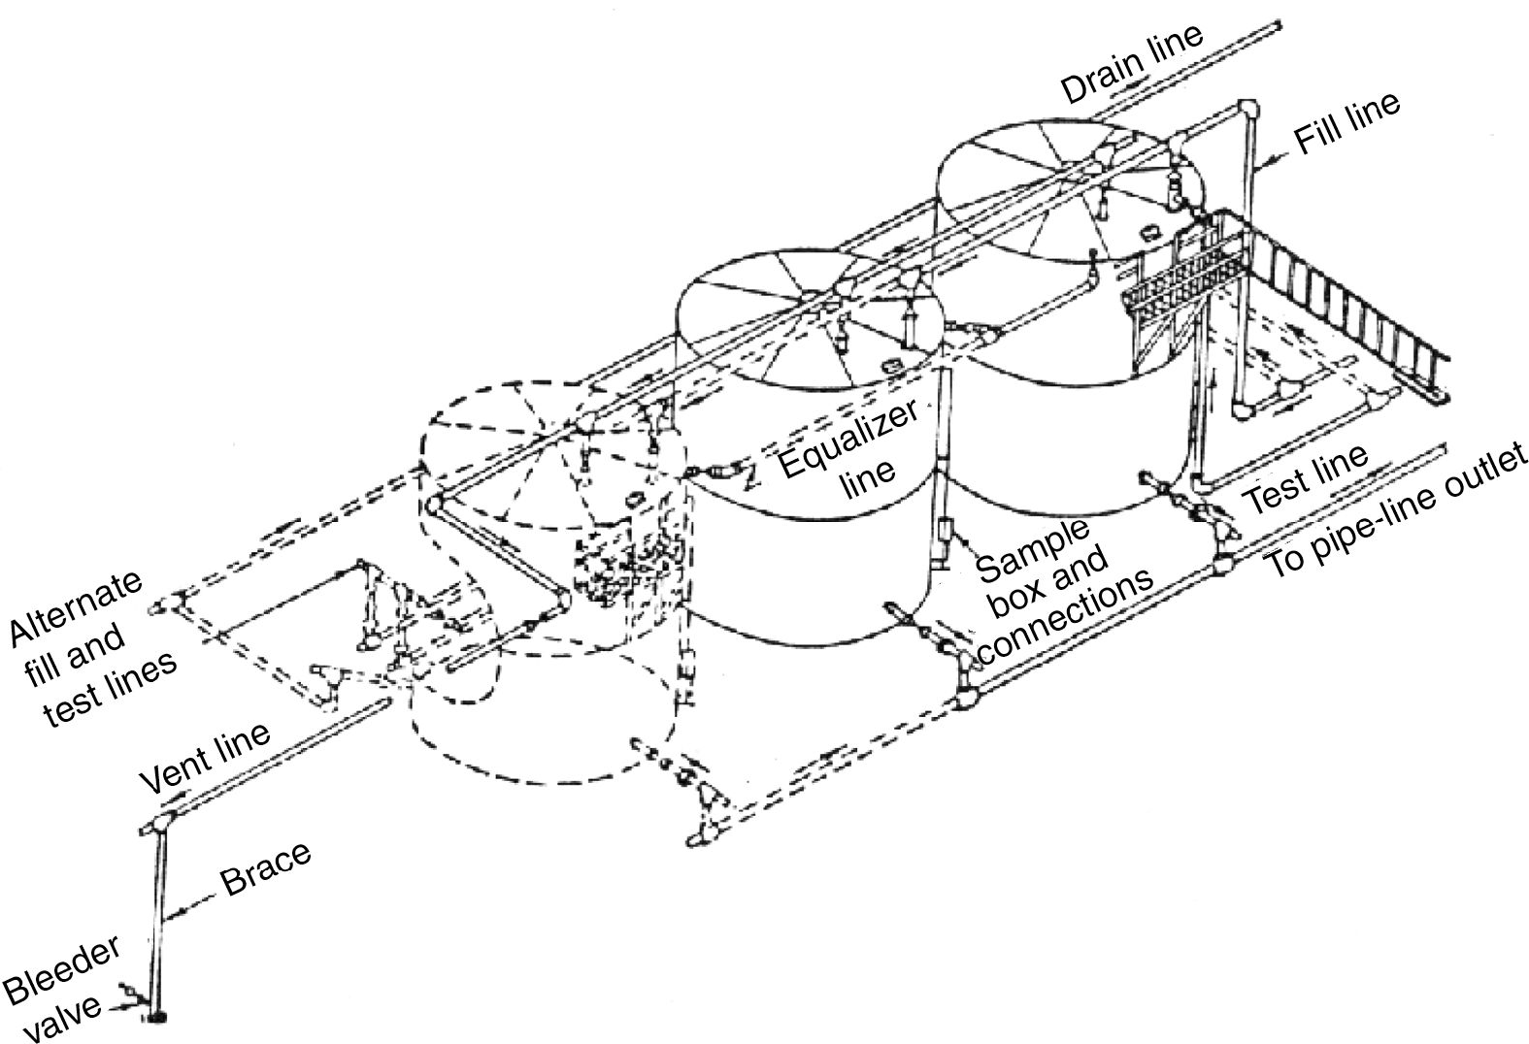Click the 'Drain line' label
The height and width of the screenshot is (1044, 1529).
tap(1132, 63)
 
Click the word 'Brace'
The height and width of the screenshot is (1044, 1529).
tap(264, 868)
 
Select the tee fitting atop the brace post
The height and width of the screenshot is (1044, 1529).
tap(156, 827)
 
